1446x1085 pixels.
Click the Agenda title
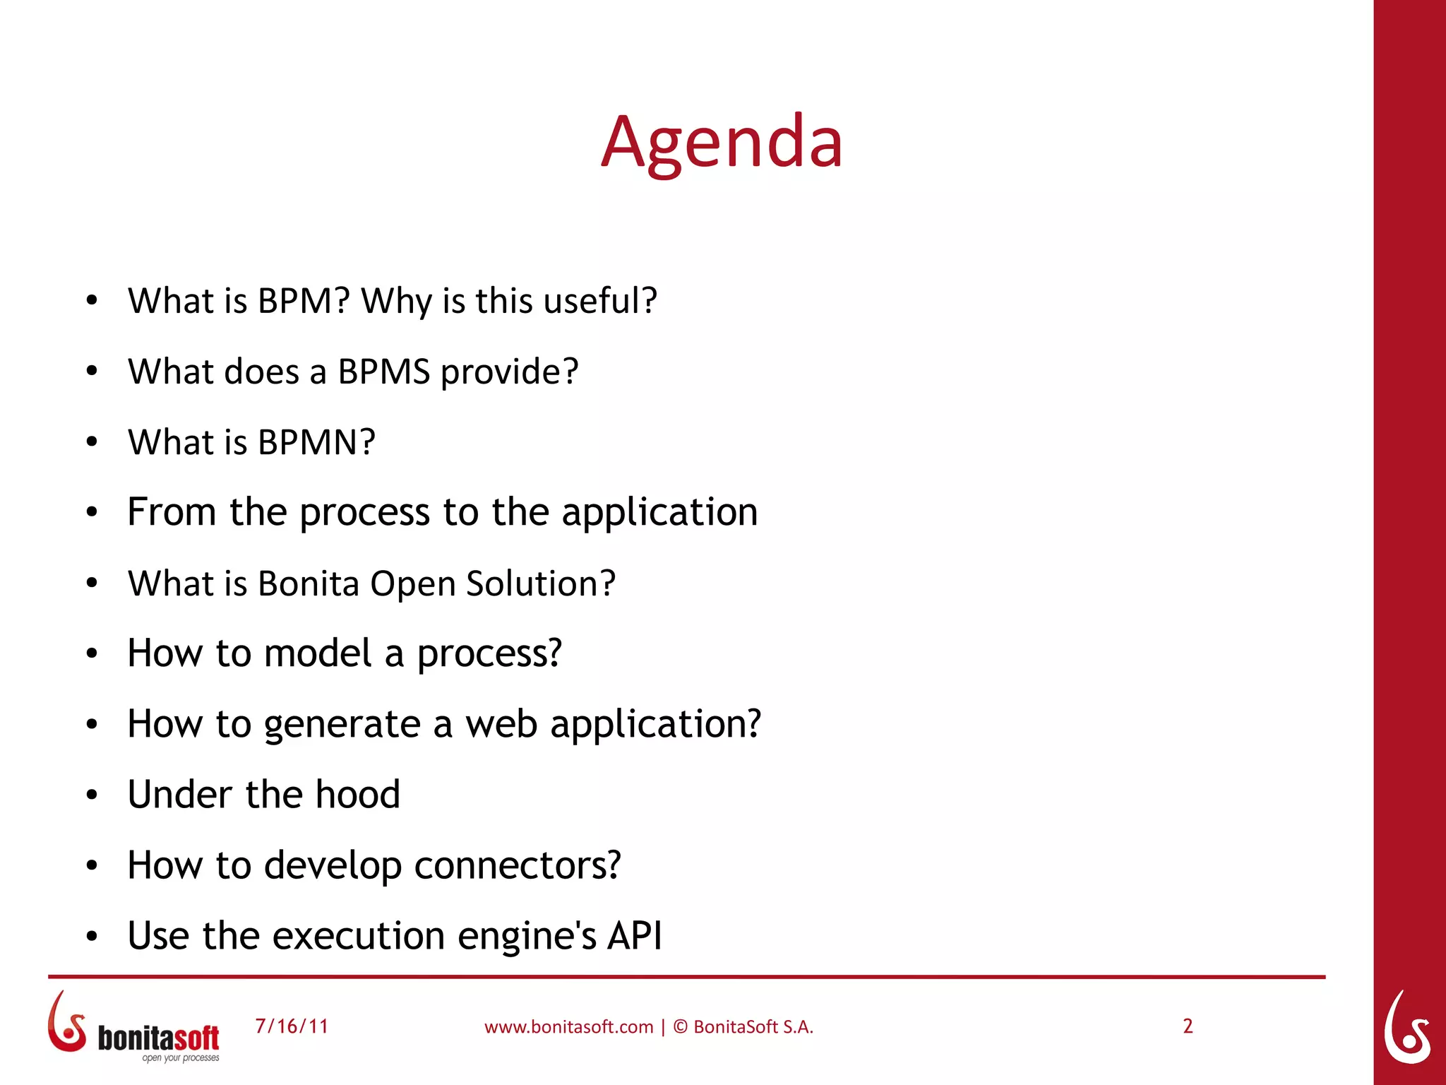click(722, 143)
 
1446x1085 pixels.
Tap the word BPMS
click(383, 372)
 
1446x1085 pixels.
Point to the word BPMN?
click(316, 442)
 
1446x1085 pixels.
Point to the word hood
click(357, 794)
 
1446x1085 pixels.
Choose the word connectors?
click(518, 865)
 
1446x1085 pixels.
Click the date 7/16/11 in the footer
click(292, 1026)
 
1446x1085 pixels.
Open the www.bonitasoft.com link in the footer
click(568, 1027)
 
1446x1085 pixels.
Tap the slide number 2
click(1188, 1026)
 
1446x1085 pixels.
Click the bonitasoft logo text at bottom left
click(158, 1038)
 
